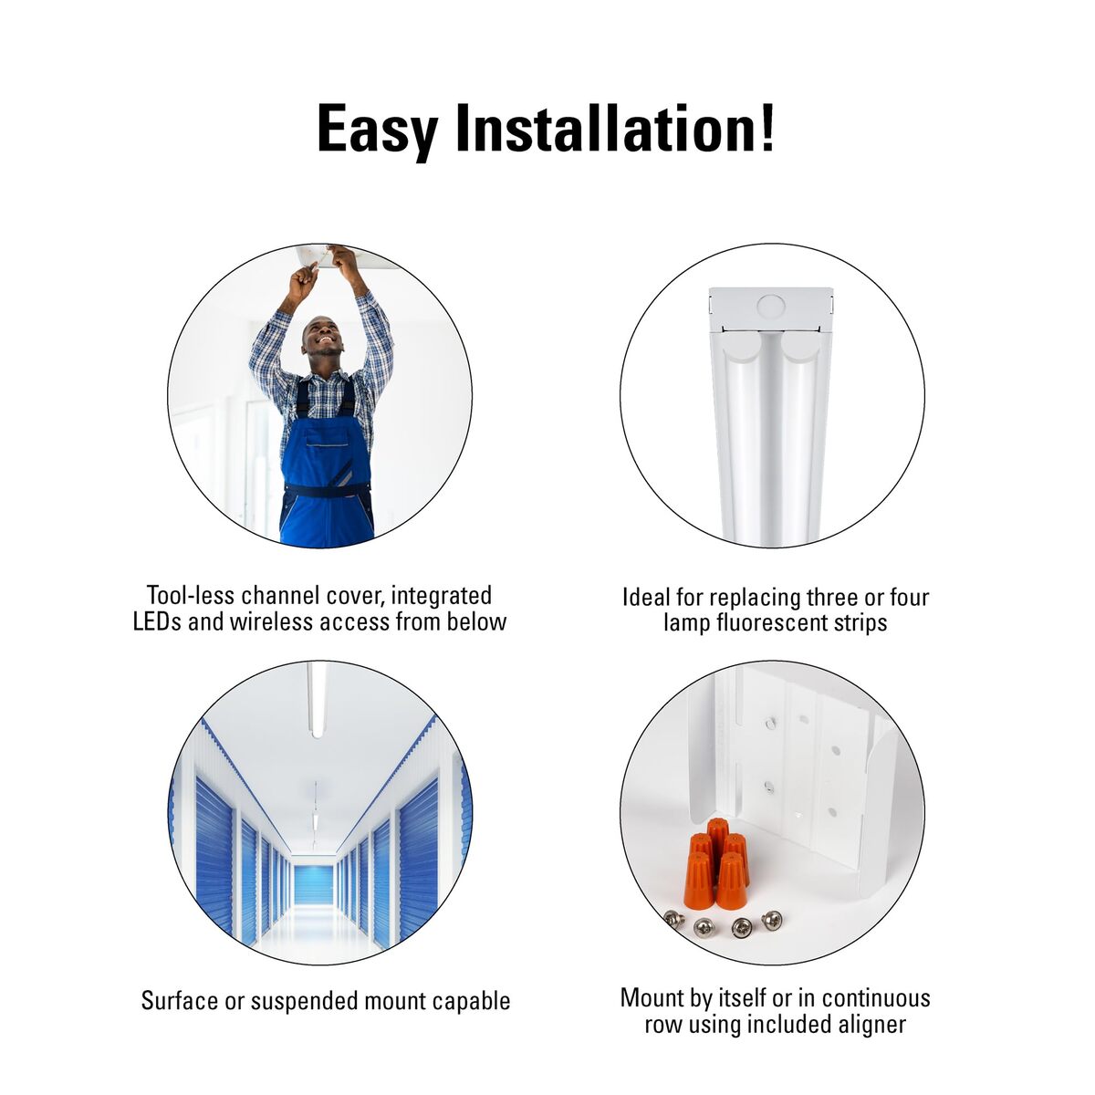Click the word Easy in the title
pos(377,130)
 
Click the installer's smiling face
pos(322,337)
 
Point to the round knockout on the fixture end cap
pos(770,308)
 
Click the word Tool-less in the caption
pos(189,596)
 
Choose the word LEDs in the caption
pos(157,621)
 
